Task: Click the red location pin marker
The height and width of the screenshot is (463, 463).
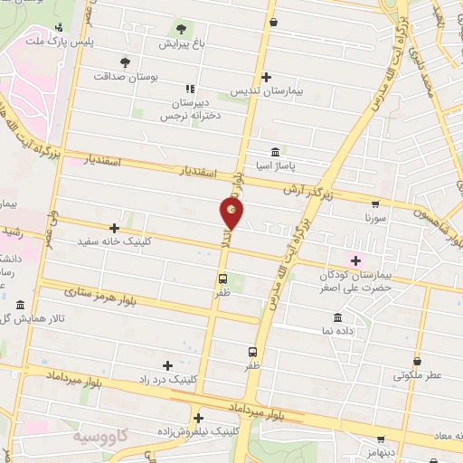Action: tap(231, 213)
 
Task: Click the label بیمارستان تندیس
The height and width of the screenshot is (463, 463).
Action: tap(264, 92)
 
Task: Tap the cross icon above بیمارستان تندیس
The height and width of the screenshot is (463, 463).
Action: tap(265, 78)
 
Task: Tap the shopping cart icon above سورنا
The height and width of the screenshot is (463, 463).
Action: tap(374, 203)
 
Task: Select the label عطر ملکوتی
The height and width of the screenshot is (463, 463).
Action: tap(416, 373)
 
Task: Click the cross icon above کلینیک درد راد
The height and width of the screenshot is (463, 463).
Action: tap(167, 364)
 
